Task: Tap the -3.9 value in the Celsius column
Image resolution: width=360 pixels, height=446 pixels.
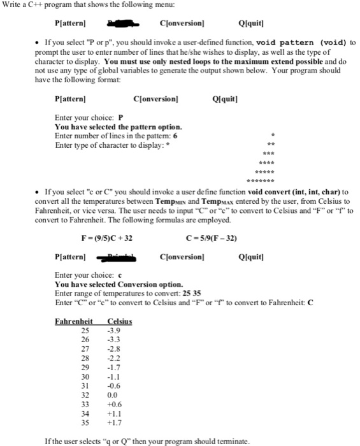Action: click(x=115, y=331)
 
